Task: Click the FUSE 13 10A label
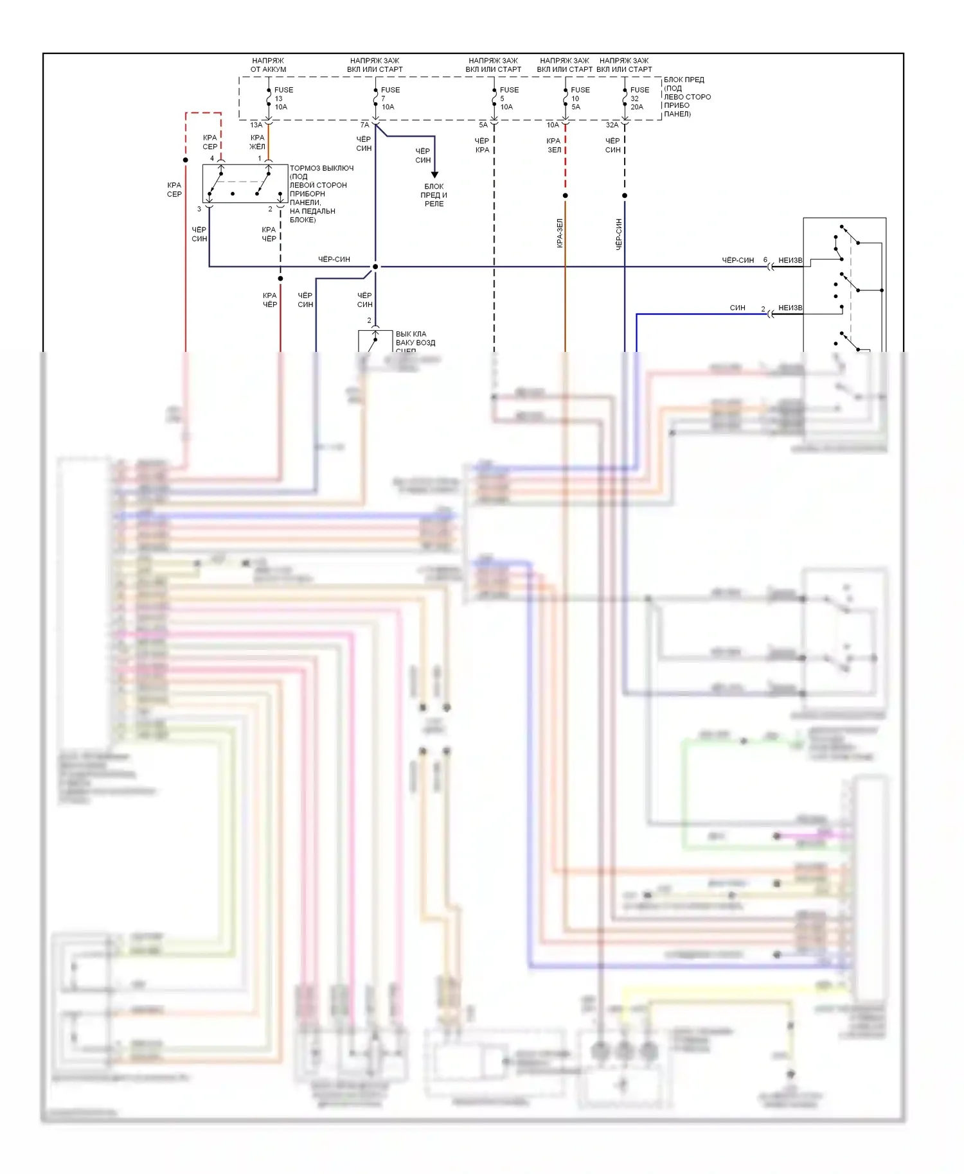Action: click(283, 98)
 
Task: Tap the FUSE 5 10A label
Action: click(508, 98)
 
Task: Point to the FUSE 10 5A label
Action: click(579, 98)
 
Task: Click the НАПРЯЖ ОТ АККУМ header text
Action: click(268, 65)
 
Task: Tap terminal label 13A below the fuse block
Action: click(256, 125)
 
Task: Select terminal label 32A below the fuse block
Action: click(612, 125)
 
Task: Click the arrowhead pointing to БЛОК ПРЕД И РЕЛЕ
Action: click(434, 175)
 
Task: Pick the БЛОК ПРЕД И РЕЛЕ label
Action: click(434, 195)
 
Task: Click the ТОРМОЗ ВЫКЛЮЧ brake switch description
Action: click(321, 193)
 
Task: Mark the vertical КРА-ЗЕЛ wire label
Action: click(560, 233)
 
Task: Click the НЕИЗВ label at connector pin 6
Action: click(790, 260)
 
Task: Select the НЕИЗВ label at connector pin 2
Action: click(790, 308)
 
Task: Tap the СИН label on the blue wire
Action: click(737, 308)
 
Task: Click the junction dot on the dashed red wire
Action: click(186, 160)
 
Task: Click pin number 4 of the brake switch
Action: click(212, 158)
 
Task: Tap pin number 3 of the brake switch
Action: click(199, 209)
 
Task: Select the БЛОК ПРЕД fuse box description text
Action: click(686, 96)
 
